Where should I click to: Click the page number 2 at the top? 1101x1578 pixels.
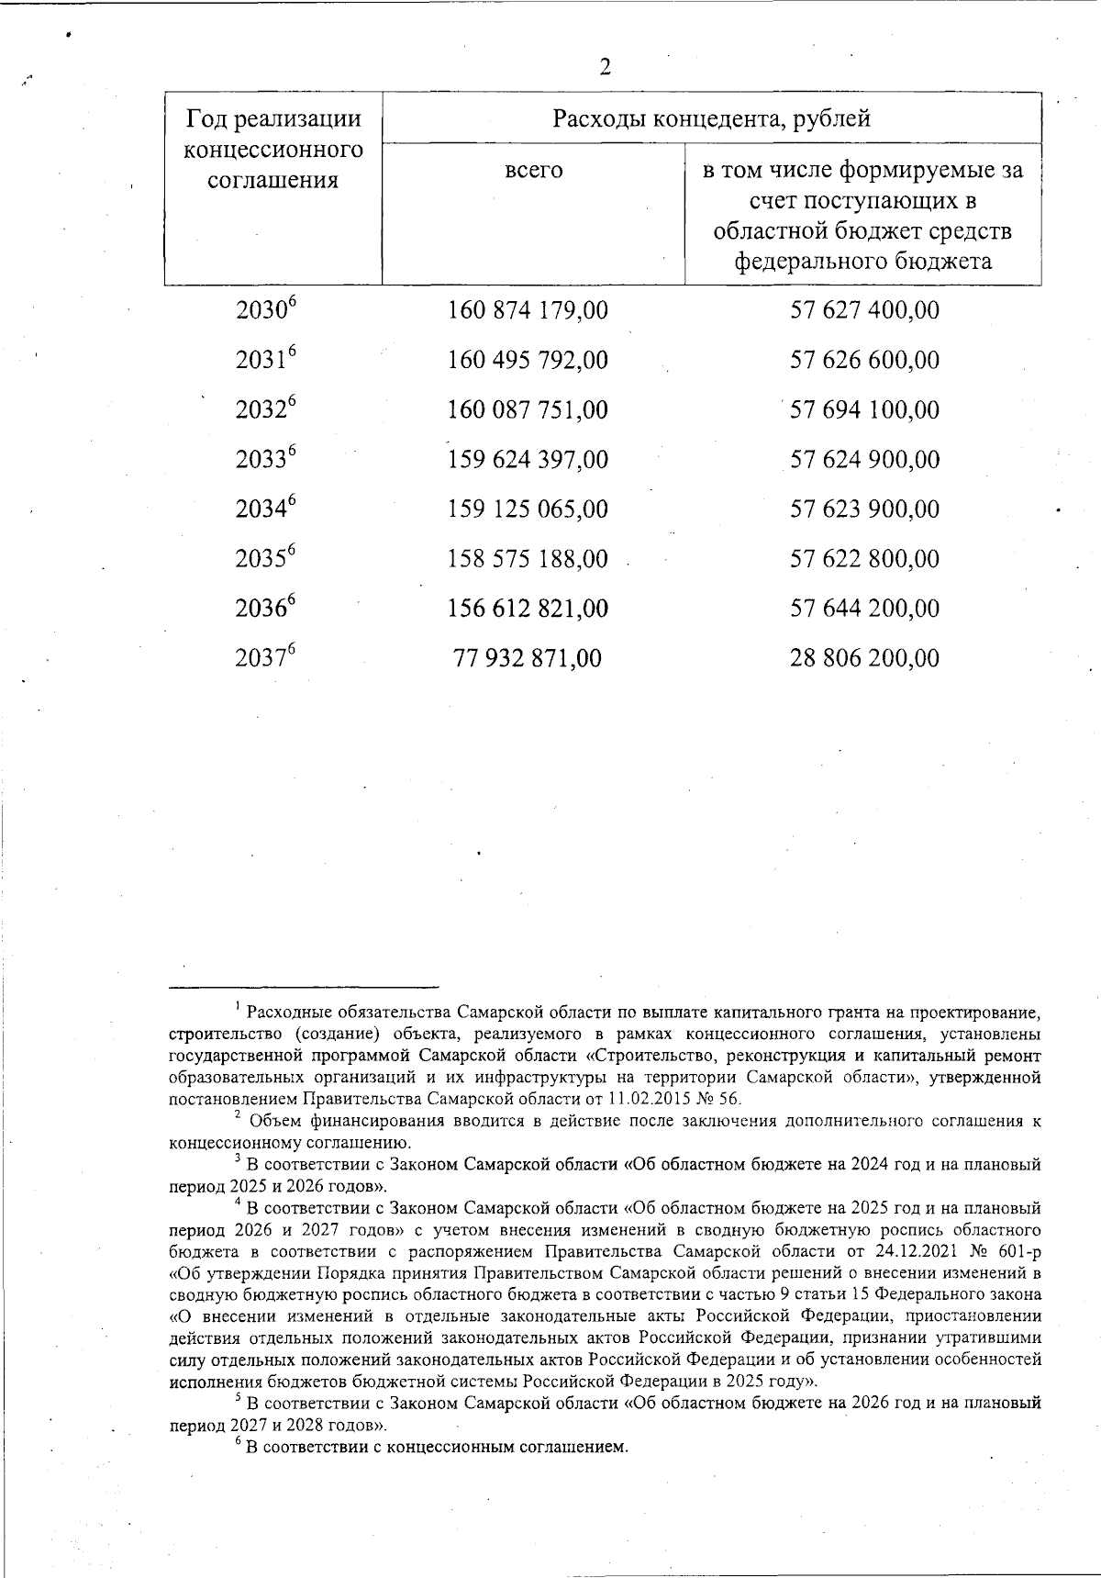point(605,68)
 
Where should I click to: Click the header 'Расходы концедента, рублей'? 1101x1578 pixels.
point(711,118)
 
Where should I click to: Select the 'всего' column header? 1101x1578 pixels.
point(533,170)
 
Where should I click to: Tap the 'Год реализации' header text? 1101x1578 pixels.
point(272,119)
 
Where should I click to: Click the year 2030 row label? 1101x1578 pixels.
point(267,310)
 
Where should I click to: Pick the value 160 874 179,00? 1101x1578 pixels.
point(528,310)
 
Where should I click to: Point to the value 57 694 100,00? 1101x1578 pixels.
point(864,409)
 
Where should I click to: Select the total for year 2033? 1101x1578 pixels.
point(528,459)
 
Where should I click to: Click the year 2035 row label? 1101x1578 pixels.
point(267,558)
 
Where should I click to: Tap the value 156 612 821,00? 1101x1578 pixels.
point(528,609)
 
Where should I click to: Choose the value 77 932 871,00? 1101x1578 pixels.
point(528,658)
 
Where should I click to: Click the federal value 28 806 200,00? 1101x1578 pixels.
point(864,658)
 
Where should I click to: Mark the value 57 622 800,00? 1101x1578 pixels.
point(864,558)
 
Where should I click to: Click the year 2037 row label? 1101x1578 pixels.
point(267,658)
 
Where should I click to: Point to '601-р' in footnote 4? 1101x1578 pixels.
point(1018,1252)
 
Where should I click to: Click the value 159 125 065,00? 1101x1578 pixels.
point(528,509)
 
